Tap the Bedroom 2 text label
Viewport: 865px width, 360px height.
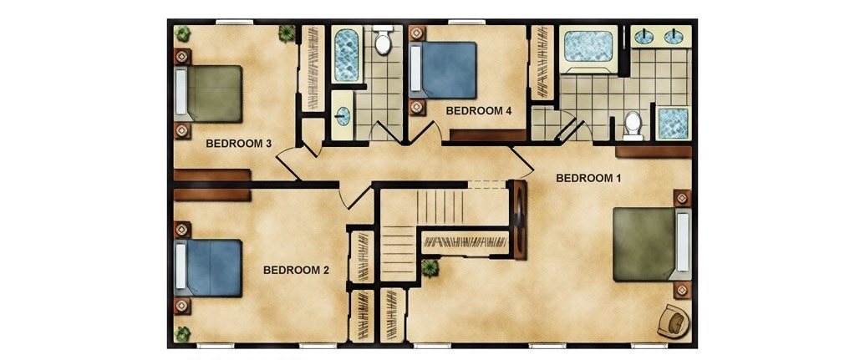(x=296, y=270)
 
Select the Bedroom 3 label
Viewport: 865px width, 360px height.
(x=238, y=144)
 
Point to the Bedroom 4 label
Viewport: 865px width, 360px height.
(x=479, y=110)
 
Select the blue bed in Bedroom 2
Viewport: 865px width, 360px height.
(x=209, y=268)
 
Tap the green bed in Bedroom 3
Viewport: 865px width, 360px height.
(x=209, y=94)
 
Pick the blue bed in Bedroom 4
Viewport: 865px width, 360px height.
(x=443, y=70)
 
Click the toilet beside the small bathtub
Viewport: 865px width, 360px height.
(x=383, y=40)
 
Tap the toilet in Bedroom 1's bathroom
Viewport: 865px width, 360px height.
(x=633, y=126)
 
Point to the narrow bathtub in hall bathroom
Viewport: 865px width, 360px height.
(x=347, y=54)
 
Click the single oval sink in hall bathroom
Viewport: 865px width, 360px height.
(x=343, y=116)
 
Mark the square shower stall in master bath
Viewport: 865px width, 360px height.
(x=674, y=123)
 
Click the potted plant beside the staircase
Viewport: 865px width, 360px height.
(x=430, y=268)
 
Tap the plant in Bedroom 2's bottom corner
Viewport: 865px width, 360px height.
(x=182, y=333)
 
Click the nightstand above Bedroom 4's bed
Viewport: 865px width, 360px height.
(x=417, y=33)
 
